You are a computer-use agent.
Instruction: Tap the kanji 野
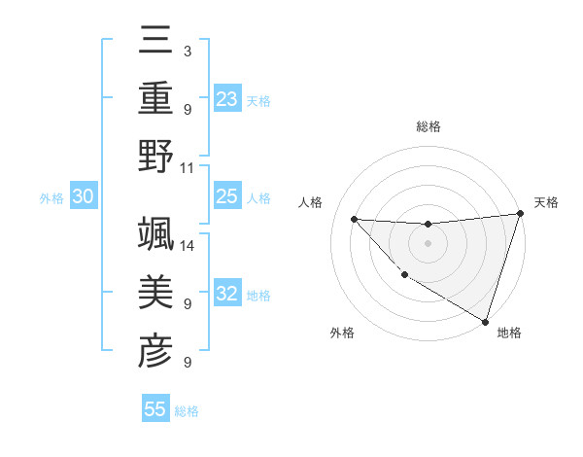point(155,156)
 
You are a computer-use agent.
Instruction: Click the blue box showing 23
point(227,98)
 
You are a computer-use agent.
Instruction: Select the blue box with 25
point(227,197)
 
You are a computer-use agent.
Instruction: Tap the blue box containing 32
point(227,295)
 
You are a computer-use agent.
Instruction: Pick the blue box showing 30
point(84,197)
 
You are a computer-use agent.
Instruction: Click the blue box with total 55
point(155,409)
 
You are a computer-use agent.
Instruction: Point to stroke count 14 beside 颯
point(188,244)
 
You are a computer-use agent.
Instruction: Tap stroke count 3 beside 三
point(187,50)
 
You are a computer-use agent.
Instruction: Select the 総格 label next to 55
point(187,411)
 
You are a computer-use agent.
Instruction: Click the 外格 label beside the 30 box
point(51,198)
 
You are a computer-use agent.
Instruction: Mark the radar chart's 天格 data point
point(520,215)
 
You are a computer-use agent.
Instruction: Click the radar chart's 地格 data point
point(485,321)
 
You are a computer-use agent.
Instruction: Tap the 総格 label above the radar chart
point(429,126)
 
